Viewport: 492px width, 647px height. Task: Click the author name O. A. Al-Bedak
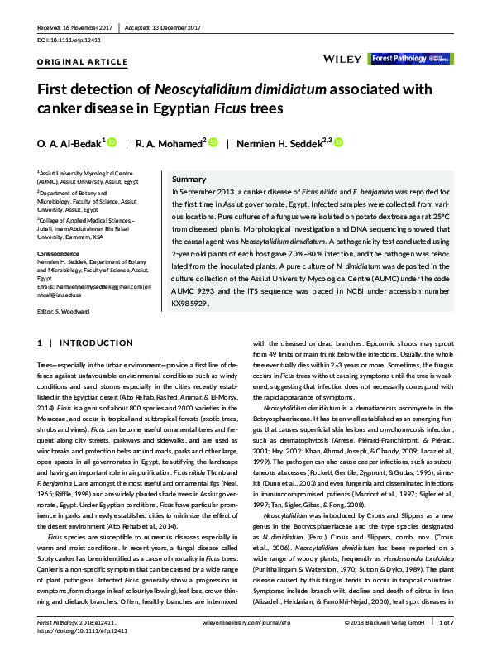69,143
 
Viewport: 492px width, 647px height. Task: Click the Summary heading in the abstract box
189,180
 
